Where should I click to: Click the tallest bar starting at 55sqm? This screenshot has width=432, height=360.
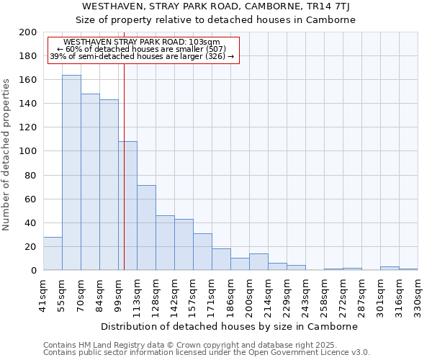71,173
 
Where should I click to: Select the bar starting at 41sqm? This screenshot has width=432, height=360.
53,253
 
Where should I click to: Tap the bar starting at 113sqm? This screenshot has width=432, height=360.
146,228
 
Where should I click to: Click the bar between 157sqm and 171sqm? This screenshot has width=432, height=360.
202,252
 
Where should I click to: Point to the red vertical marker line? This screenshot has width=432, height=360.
124,166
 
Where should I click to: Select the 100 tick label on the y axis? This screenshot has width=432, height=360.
27,151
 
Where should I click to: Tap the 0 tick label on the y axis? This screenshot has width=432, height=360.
33,271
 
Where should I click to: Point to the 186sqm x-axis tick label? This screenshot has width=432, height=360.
231,294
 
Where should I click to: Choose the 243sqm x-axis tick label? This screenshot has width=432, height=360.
306,294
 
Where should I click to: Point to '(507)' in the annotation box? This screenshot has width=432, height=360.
213,49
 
